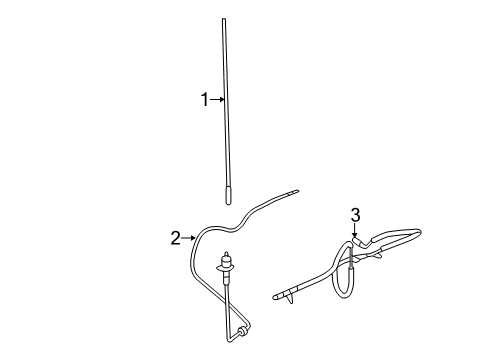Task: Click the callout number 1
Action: point(205,99)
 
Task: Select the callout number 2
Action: point(175,238)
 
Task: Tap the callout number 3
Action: point(354,214)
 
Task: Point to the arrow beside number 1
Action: point(218,99)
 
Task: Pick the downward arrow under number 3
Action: point(354,229)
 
